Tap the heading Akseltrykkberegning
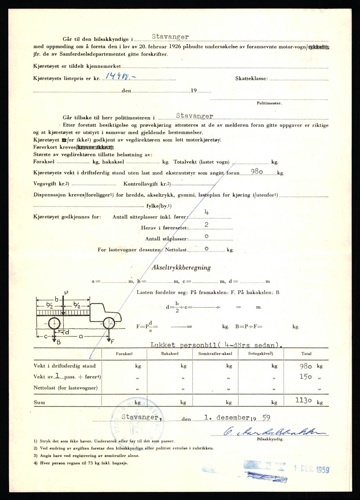181,267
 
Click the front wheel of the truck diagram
109,322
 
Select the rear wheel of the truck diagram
54,323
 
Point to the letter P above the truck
66,293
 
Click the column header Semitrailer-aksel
215,354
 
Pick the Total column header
306,354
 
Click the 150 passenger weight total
305,377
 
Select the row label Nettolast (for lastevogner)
66,388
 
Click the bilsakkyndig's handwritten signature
269,431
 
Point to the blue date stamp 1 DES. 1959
311,469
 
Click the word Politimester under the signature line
269,103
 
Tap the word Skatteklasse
251,79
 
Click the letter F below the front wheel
112,342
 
